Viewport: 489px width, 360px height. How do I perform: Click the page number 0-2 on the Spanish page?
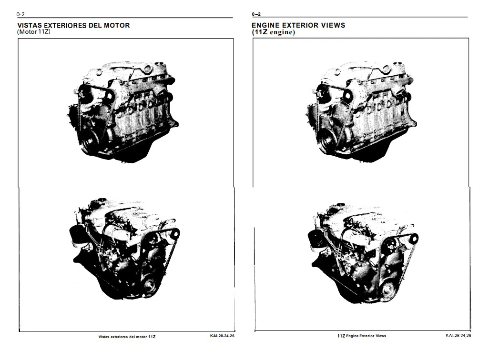[20, 14]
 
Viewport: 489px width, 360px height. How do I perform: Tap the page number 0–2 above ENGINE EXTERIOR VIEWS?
[256, 14]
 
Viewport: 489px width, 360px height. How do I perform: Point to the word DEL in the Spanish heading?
[95, 25]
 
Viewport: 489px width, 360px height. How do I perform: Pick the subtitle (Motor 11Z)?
[34, 32]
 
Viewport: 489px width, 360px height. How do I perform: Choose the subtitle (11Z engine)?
[273, 32]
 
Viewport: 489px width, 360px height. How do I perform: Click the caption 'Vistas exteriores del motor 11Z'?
[127, 337]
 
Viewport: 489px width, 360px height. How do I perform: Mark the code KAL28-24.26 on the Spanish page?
[223, 336]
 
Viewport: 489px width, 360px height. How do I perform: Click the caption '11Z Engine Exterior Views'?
[362, 336]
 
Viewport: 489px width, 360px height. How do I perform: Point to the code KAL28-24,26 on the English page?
[458, 336]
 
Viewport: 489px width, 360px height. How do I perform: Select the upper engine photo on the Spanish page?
[122, 111]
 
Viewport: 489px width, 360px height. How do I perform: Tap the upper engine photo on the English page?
[360, 111]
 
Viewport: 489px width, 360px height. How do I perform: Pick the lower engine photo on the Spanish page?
[124, 249]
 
